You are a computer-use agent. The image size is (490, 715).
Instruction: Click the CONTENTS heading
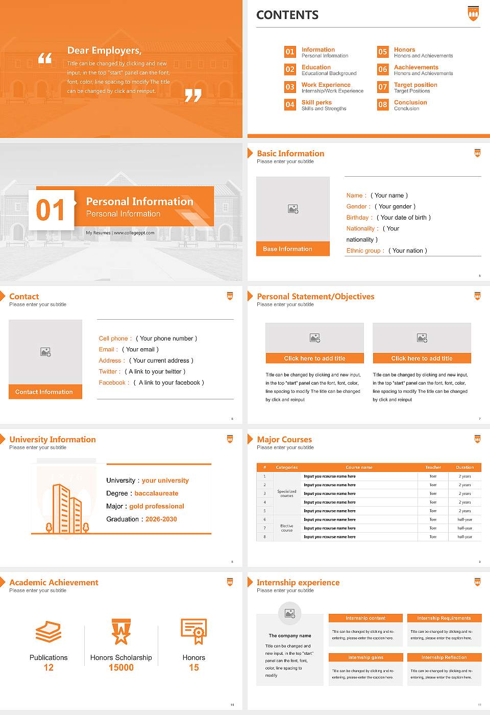coord(287,15)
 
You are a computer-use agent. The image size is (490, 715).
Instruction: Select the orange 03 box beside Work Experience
coord(290,87)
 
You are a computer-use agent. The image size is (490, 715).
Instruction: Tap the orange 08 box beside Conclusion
coord(383,105)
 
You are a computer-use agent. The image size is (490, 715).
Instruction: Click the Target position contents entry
coord(415,85)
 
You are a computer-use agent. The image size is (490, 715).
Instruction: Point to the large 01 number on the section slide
coord(51,210)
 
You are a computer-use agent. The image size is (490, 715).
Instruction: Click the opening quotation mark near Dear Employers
coord(45,58)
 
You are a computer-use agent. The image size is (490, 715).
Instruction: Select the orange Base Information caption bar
coord(292,249)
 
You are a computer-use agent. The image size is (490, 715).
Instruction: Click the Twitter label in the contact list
coord(109,372)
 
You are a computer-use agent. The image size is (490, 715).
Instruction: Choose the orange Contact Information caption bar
coord(45,392)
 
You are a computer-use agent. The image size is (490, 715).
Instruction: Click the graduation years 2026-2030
coord(161,519)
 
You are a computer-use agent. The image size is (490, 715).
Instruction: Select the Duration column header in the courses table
coord(464,467)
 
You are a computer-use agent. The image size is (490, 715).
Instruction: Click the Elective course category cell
coord(286,528)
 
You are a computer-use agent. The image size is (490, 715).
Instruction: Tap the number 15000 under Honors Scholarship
coord(121,668)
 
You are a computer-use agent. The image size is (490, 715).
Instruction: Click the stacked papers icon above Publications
coord(48,632)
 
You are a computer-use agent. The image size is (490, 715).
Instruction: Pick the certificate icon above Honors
coord(194,631)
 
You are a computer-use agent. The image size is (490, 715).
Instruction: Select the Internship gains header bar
coord(365,657)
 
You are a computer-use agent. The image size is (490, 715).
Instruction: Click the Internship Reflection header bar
coord(444,657)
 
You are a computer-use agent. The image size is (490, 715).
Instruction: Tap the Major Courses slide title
coord(284,439)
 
